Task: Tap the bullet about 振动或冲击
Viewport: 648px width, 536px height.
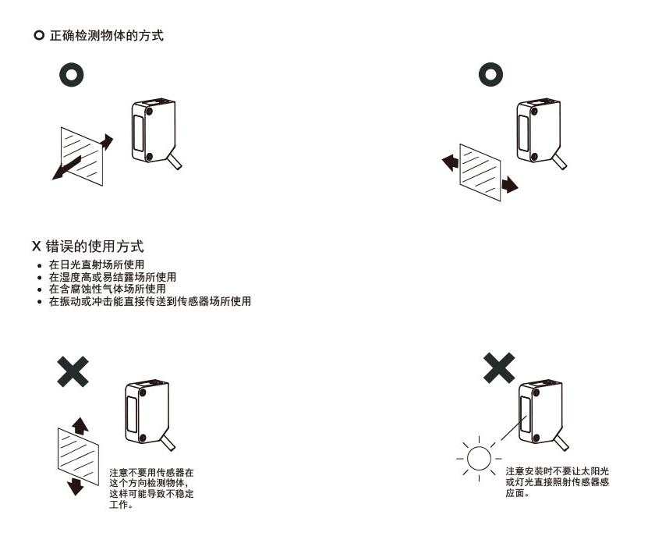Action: click(149, 301)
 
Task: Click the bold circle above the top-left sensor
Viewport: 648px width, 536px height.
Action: click(73, 76)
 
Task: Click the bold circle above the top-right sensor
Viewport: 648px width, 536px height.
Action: click(490, 76)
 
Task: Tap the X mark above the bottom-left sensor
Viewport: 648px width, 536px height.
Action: click(73, 371)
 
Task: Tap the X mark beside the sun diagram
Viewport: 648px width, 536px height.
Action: click(499, 367)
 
